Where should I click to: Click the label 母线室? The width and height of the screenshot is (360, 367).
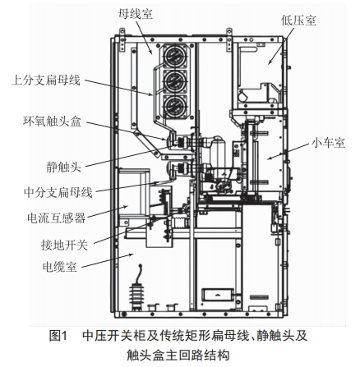(x=136, y=14)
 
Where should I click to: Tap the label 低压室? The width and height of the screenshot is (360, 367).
(x=298, y=21)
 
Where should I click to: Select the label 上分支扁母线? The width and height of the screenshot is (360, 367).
(x=46, y=80)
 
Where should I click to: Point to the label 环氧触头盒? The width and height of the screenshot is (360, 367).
(x=53, y=121)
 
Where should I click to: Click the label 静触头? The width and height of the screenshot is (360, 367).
(x=63, y=167)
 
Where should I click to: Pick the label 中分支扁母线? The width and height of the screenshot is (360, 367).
(x=58, y=192)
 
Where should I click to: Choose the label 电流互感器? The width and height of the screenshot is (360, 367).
(x=57, y=218)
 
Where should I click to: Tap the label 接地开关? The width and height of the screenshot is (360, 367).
(x=64, y=245)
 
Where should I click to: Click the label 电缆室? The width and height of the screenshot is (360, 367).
(x=60, y=267)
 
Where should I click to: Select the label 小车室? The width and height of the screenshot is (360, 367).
(x=329, y=143)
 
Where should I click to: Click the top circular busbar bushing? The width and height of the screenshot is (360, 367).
(x=175, y=56)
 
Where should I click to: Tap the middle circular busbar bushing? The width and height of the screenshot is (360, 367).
(x=175, y=81)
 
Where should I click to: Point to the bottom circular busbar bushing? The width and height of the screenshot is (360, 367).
(x=175, y=106)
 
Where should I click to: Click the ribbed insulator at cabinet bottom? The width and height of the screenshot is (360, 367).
(x=137, y=295)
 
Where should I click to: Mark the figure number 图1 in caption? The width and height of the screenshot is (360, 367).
(x=58, y=336)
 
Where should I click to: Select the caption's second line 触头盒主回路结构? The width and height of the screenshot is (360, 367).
(x=178, y=355)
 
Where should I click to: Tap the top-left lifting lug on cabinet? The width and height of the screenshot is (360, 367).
(x=122, y=39)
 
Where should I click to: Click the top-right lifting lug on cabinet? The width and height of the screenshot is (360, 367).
(x=229, y=39)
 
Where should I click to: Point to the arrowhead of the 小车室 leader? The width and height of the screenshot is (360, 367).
(x=269, y=158)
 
